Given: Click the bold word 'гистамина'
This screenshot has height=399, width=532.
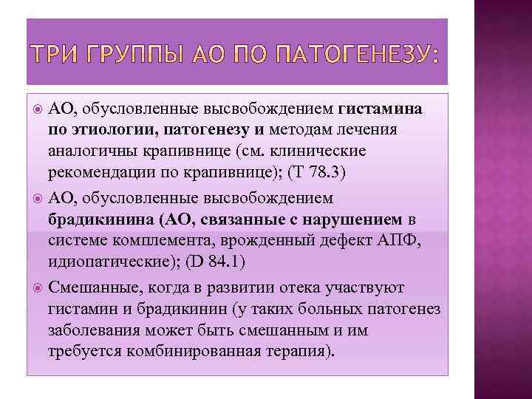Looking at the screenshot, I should tap(381, 109).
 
